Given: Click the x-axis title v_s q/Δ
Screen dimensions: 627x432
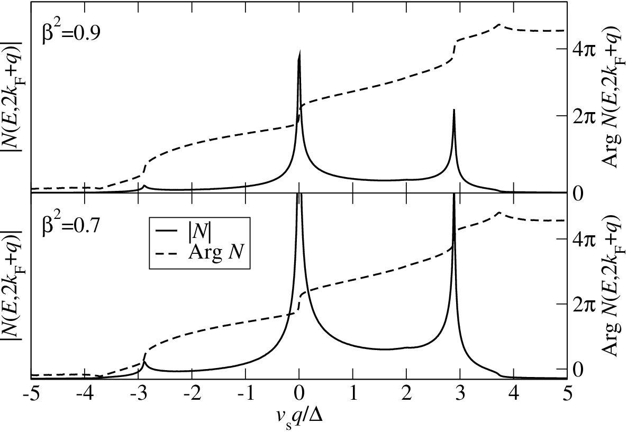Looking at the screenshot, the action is (x=299, y=418).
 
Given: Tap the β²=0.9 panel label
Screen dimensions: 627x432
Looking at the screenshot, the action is (x=71, y=32).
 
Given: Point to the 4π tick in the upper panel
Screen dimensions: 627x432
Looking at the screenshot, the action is (x=584, y=50).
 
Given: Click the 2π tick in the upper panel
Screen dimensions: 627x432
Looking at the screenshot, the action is (x=584, y=115).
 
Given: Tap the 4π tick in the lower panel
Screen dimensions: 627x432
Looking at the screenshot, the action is (x=584, y=238).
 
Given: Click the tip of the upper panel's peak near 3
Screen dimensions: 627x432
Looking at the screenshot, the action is (x=454, y=109).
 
